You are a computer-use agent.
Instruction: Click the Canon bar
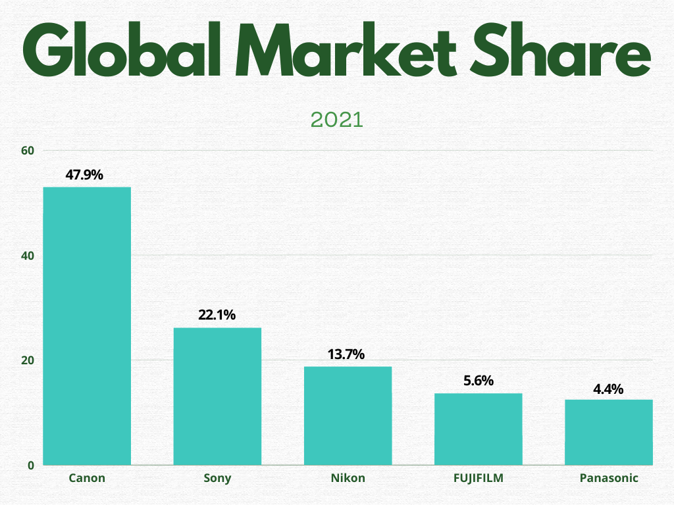[x=87, y=325]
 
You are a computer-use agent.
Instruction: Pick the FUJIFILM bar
[x=478, y=429]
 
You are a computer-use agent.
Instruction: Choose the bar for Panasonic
[x=609, y=432]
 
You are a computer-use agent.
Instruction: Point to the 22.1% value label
[x=217, y=316]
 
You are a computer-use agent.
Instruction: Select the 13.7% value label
[x=346, y=354]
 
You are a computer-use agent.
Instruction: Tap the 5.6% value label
[x=478, y=381]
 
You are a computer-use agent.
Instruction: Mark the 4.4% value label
[x=608, y=389]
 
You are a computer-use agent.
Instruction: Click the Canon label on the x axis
[x=87, y=478]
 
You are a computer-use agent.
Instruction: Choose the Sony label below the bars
[x=217, y=478]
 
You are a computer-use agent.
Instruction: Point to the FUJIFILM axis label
[x=478, y=478]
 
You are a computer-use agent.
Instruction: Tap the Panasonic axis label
[x=609, y=478]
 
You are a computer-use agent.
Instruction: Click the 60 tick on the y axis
[x=27, y=151]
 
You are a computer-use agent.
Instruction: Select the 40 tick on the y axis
[x=27, y=256]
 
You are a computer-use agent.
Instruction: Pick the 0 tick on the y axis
[x=30, y=466]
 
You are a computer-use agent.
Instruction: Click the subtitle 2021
[x=336, y=120]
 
